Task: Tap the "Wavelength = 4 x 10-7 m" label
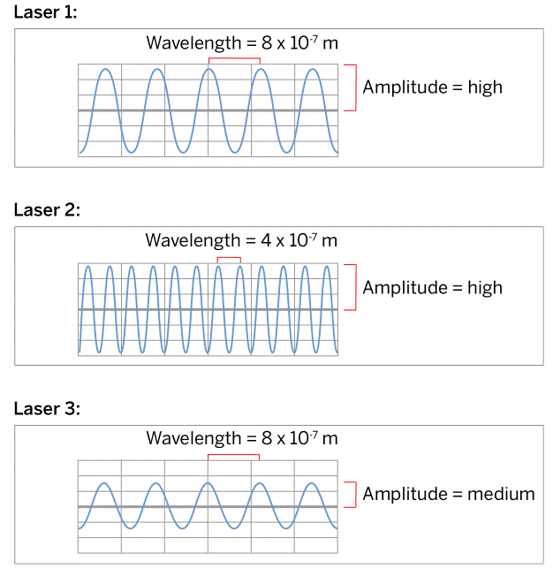pos(241,240)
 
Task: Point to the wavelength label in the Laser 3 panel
pos(241,438)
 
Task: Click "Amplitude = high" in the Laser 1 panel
pos(432,87)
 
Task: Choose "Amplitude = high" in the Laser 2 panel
pos(432,287)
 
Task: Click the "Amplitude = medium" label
pos(448,494)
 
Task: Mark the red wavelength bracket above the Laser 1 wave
pos(234,59)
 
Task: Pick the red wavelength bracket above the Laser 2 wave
pos(229,257)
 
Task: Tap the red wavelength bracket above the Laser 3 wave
pos(233,456)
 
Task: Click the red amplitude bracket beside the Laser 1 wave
pos(355,87)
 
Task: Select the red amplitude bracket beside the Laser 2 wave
pos(355,287)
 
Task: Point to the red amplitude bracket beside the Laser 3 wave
pos(355,495)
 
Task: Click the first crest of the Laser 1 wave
pos(105,69)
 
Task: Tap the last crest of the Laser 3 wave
pos(311,483)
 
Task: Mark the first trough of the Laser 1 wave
pos(131,153)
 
